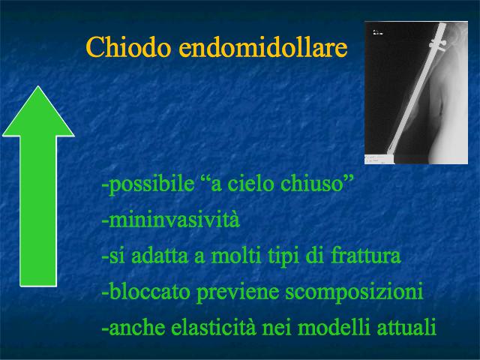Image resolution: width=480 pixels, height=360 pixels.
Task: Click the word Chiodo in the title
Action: tap(128, 46)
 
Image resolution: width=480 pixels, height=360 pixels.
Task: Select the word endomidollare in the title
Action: tap(263, 46)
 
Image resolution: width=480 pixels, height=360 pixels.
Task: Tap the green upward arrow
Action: tap(38, 186)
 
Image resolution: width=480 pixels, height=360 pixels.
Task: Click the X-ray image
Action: tap(416, 92)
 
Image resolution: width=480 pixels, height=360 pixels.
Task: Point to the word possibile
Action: tap(151, 184)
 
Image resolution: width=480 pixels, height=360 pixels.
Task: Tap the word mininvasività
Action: tap(174, 220)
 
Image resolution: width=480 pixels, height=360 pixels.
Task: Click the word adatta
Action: tap(160, 256)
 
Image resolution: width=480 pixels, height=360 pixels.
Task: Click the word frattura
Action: tap(365, 256)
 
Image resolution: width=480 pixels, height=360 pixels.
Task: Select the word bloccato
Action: tap(149, 291)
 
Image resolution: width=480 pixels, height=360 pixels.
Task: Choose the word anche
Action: tap(136, 327)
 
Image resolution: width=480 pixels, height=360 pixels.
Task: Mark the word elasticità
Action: tap(213, 327)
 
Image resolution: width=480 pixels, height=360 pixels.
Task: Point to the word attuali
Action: tap(406, 327)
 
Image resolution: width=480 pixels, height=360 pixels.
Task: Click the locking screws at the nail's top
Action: tap(438, 45)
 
